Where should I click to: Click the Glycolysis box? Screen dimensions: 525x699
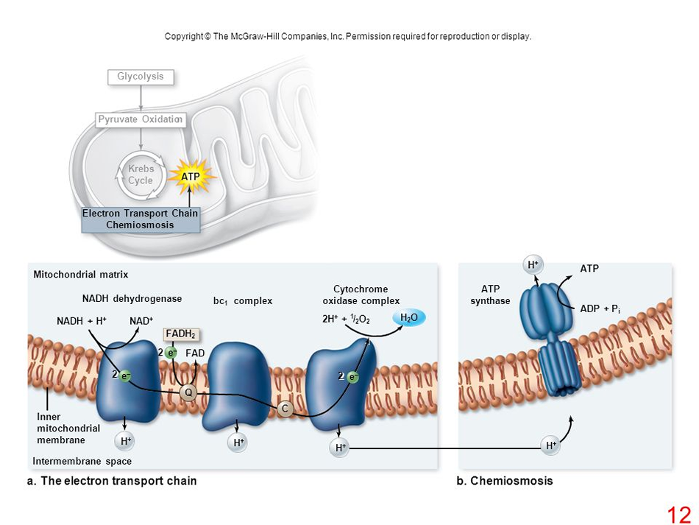(141, 77)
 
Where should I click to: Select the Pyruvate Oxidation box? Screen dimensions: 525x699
(141, 120)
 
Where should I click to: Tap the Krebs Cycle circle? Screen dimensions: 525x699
(140, 175)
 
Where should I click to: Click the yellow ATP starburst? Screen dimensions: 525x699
(191, 176)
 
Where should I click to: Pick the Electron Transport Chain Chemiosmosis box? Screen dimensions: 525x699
(141, 219)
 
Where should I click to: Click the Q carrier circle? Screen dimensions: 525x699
(188, 393)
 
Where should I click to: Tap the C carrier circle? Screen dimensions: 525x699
(285, 409)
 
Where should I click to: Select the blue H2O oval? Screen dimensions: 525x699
(410, 318)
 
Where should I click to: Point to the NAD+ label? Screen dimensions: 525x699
(141, 321)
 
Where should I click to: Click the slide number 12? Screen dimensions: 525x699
(679, 514)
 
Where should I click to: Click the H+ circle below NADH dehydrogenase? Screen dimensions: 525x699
(125, 441)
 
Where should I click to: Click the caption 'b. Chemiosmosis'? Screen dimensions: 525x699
(505, 481)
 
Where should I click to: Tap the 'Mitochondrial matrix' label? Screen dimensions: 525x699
(81, 275)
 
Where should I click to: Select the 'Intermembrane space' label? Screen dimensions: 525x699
(82, 461)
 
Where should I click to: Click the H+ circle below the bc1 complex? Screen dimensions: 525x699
(237, 443)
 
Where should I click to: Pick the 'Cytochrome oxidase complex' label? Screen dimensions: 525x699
(361, 295)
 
